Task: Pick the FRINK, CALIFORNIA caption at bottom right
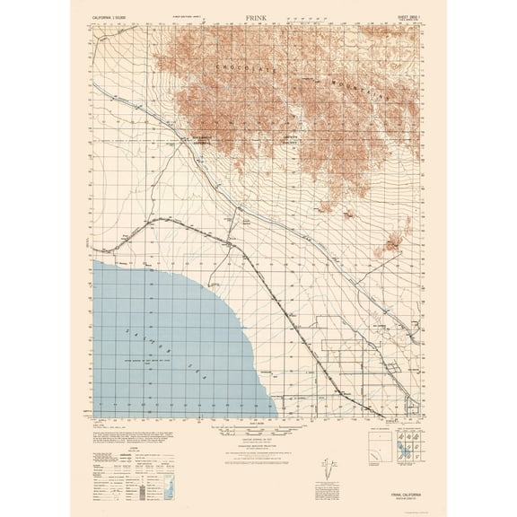(392, 491)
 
